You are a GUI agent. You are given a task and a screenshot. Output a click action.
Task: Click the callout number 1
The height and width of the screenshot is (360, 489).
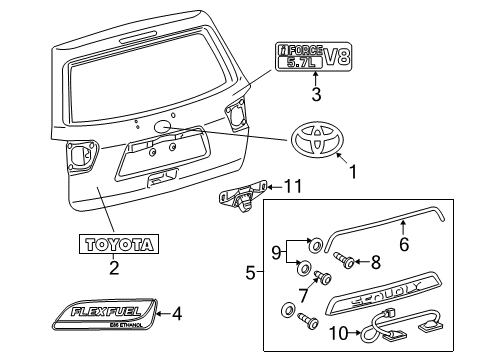click(x=351, y=172)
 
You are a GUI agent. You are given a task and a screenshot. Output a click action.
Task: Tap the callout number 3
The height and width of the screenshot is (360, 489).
click(x=315, y=96)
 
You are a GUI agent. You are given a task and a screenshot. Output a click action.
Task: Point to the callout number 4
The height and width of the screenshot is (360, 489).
click(x=177, y=314)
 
